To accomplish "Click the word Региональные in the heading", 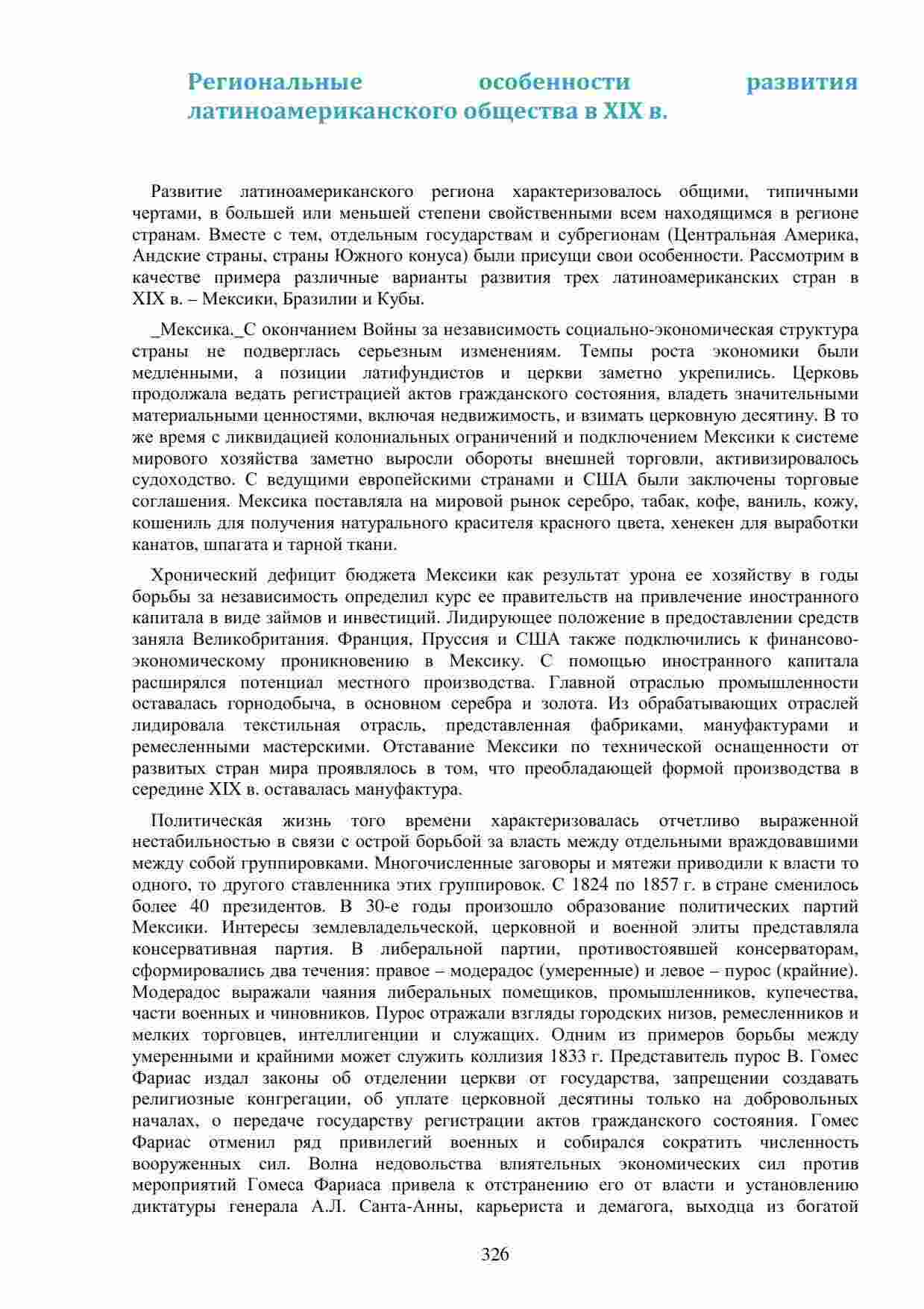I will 274,81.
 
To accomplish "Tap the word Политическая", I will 207,821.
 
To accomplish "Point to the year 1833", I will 571,1057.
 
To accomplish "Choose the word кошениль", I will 164,523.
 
